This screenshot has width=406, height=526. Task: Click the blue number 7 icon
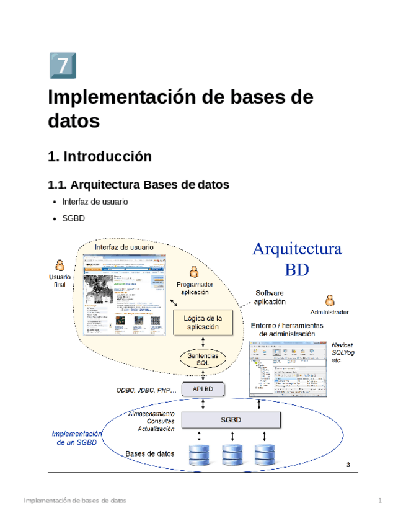62,65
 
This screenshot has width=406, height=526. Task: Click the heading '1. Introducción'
99,156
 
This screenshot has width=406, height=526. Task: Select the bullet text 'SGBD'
73,218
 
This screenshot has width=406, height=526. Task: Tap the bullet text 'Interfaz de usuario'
95,202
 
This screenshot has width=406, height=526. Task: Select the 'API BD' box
203,389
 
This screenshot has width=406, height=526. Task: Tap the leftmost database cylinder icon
199,455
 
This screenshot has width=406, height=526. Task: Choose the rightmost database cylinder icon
264,455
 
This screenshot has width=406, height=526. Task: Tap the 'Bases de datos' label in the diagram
149,454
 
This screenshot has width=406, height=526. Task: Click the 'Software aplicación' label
270,297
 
